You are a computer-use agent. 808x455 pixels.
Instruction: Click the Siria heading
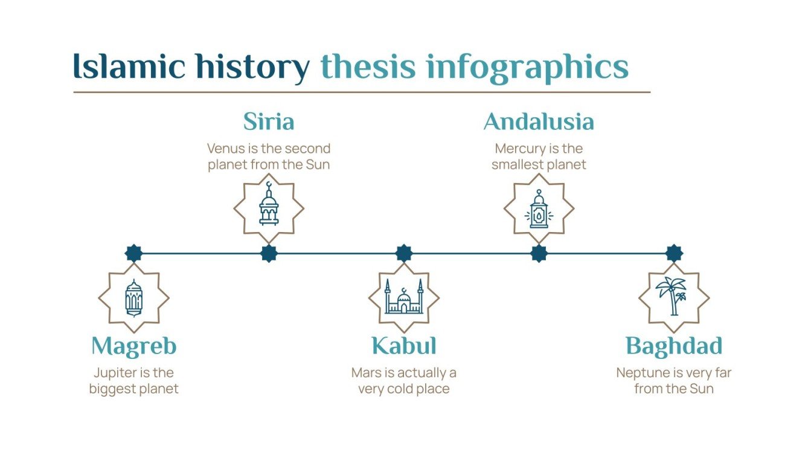click(x=269, y=122)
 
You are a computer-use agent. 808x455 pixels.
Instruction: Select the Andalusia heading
click(x=539, y=122)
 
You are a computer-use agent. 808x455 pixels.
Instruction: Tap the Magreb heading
click(x=133, y=347)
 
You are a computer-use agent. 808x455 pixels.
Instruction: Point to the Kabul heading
click(x=403, y=347)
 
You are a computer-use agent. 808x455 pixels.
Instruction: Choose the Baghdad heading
click(x=674, y=347)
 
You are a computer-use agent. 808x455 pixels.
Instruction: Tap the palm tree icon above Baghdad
click(x=673, y=297)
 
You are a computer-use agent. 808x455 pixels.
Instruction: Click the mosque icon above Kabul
click(x=404, y=297)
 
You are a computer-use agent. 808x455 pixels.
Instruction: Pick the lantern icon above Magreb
click(x=133, y=298)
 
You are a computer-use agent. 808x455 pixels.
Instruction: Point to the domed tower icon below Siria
click(x=269, y=205)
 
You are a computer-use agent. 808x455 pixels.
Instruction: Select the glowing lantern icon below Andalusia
click(x=539, y=208)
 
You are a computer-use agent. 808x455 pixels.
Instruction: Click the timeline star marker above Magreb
click(x=133, y=254)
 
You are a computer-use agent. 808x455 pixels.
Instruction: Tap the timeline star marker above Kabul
click(x=403, y=254)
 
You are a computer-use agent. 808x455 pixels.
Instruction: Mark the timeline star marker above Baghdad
click(x=674, y=254)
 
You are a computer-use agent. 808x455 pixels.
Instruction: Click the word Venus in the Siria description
click(x=224, y=149)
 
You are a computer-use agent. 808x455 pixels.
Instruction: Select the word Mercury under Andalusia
click(x=518, y=149)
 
